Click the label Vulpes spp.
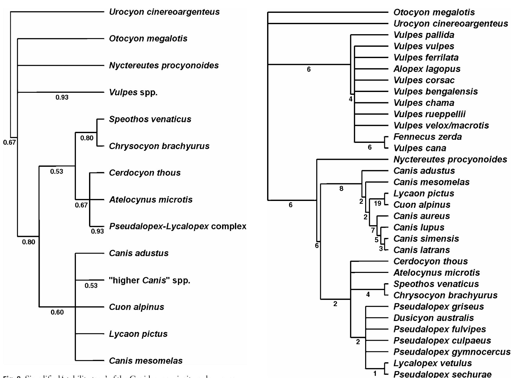coord(133,92)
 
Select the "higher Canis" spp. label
coord(150,280)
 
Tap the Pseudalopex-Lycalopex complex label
coord(178,226)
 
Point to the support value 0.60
coord(57,312)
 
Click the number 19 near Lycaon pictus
coord(377,204)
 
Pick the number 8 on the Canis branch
coord(341,189)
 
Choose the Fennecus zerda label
coord(427,137)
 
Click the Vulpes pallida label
coord(424,35)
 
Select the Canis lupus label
coord(419,227)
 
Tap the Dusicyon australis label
coord(433,318)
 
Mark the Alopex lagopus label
coord(427,69)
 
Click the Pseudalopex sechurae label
coord(442,374)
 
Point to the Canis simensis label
coord(426,239)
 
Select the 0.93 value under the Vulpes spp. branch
coord(62,97)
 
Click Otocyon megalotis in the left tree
coord(148,39)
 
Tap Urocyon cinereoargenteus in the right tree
coord(451,24)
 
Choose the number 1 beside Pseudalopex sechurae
coord(375,373)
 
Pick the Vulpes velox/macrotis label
coord(441,125)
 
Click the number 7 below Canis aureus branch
coord(373,230)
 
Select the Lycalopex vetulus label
coord(433,363)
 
